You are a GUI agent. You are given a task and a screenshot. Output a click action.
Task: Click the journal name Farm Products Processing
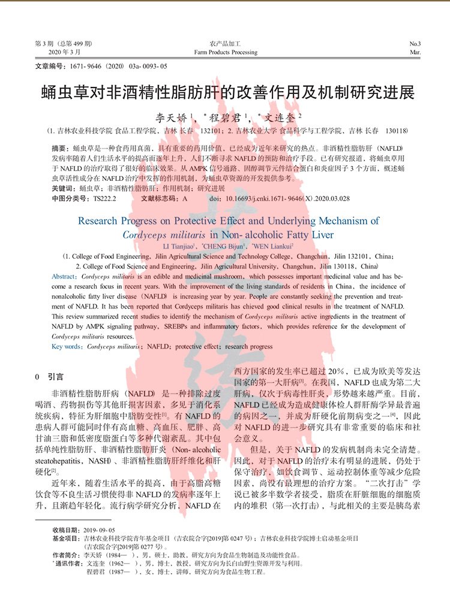226,53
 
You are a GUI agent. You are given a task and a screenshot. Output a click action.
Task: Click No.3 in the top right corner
415,44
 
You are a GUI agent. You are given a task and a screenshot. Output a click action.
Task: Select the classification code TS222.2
106,197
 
